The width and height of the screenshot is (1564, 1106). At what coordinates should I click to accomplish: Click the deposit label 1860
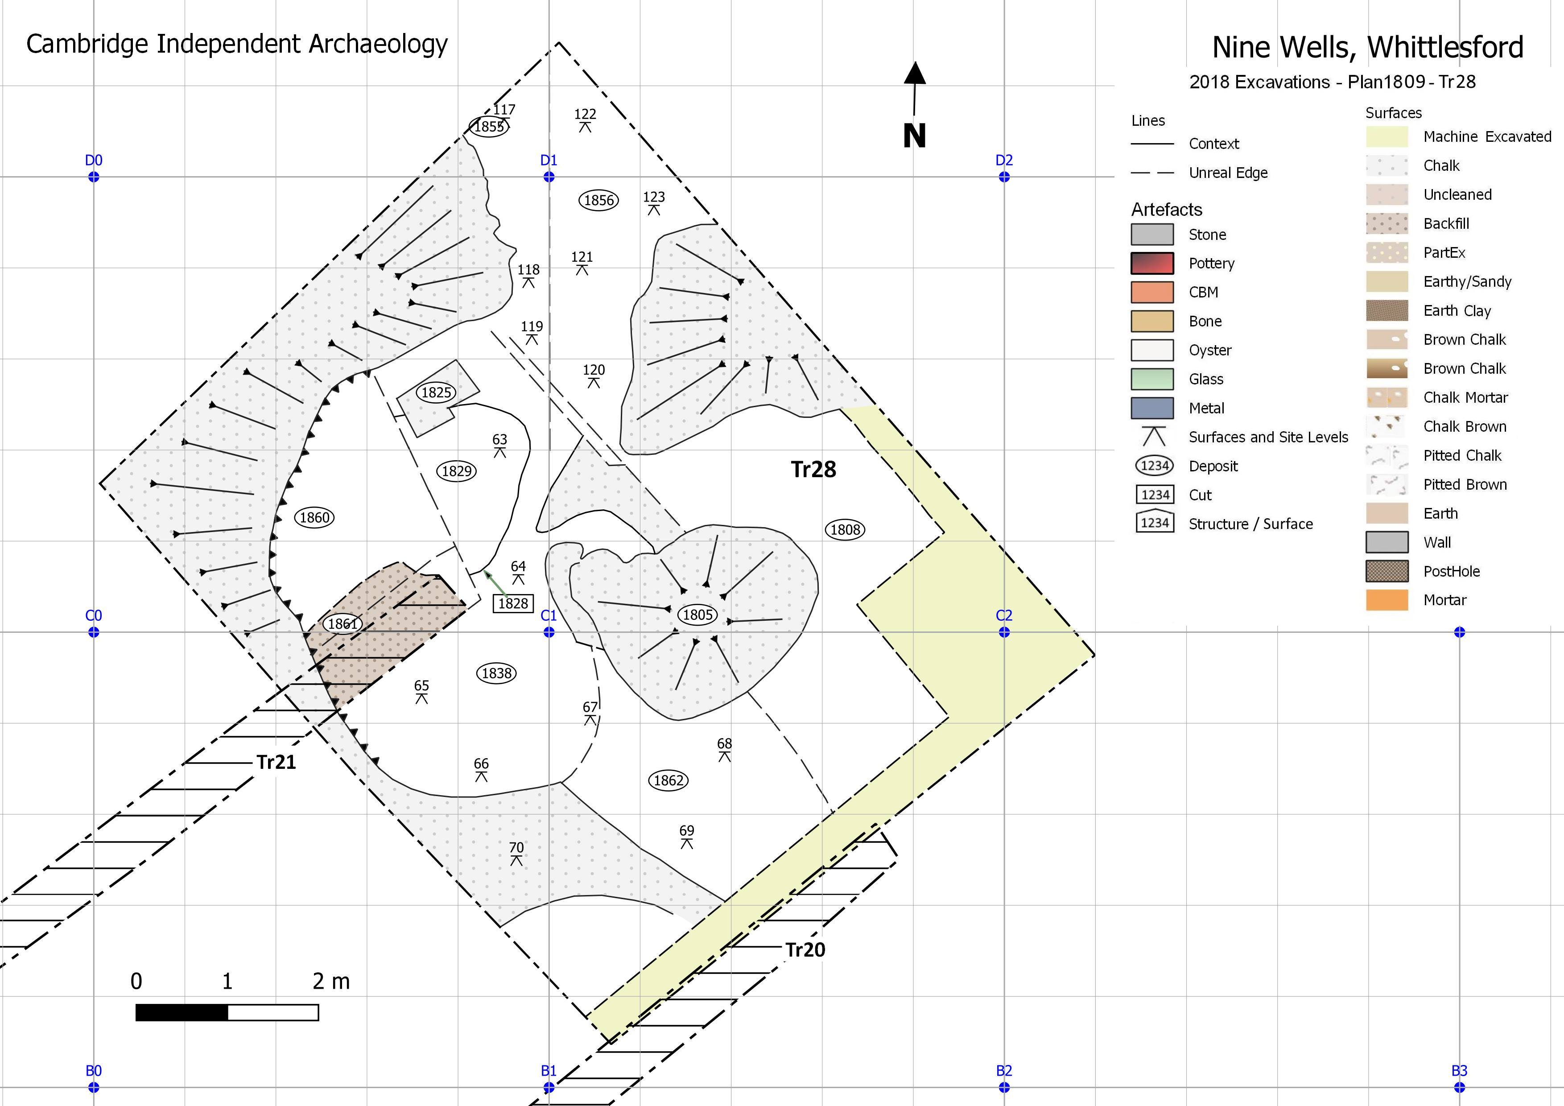(x=315, y=518)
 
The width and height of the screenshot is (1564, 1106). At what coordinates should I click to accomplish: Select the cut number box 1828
(x=513, y=603)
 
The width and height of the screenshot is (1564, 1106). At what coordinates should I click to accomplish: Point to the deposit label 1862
(x=668, y=780)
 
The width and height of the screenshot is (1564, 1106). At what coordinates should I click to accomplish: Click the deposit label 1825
(x=437, y=392)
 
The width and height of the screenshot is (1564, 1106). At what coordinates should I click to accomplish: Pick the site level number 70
(x=516, y=848)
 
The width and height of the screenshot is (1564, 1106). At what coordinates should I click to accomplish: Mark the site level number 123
(x=654, y=197)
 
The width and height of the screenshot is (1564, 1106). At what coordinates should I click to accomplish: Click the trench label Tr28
(x=813, y=469)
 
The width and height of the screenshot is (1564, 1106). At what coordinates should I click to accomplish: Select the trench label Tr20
(x=805, y=950)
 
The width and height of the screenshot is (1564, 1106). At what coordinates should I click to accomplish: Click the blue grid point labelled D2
(x=1004, y=177)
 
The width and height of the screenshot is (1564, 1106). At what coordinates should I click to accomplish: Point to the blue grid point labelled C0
(x=93, y=632)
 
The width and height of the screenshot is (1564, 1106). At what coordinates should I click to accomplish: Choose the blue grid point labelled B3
(x=1459, y=1088)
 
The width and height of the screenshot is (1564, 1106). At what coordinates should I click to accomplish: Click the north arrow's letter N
(x=914, y=136)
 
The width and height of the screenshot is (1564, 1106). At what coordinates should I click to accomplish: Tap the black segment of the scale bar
(x=182, y=1013)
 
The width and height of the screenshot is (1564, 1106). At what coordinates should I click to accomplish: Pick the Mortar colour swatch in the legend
(x=1387, y=600)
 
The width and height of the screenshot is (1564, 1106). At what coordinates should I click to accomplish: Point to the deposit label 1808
(x=846, y=530)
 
